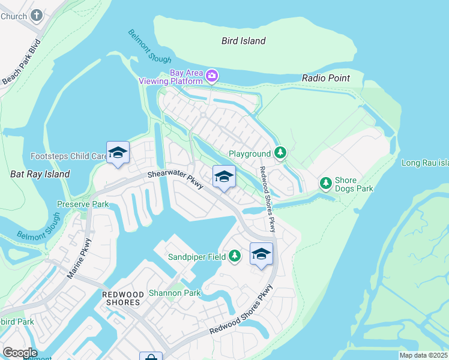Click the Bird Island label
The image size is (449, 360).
[243, 41]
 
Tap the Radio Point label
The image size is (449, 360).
[325, 78]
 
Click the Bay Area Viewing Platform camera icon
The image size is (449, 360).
[211, 76]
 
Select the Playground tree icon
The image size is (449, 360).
[280, 154]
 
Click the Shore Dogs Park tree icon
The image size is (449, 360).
[325, 182]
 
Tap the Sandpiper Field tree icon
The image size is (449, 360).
[235, 257]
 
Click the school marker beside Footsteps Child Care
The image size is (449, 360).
[118, 152]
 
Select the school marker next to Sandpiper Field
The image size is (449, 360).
[261, 254]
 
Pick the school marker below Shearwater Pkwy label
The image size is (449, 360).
[224, 176]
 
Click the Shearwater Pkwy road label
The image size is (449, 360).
[177, 181]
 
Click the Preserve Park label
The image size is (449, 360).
[83, 204]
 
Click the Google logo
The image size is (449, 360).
[20, 353]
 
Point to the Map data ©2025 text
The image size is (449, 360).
[423, 355]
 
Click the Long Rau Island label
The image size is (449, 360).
[425, 163]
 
